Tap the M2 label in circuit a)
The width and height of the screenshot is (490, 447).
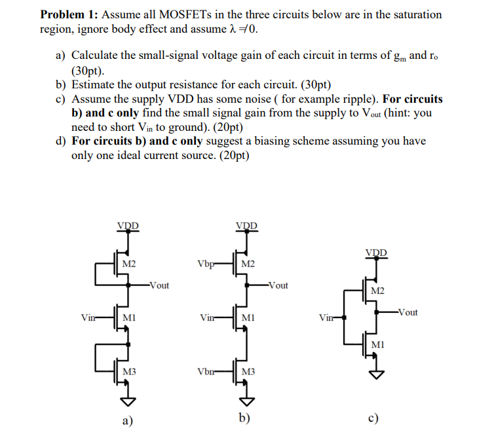[x=129, y=264]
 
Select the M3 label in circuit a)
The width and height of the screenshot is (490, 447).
[x=129, y=372]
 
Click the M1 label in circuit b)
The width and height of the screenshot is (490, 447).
[x=248, y=317]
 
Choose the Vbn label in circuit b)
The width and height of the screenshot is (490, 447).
[x=204, y=372]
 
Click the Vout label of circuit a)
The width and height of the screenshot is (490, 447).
[x=159, y=285]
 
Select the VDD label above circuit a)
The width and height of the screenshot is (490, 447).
[x=128, y=227]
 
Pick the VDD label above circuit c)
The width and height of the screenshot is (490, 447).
[x=377, y=253]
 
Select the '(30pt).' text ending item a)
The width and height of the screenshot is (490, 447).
[x=87, y=71]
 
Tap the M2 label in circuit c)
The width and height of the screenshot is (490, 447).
[x=378, y=290]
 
